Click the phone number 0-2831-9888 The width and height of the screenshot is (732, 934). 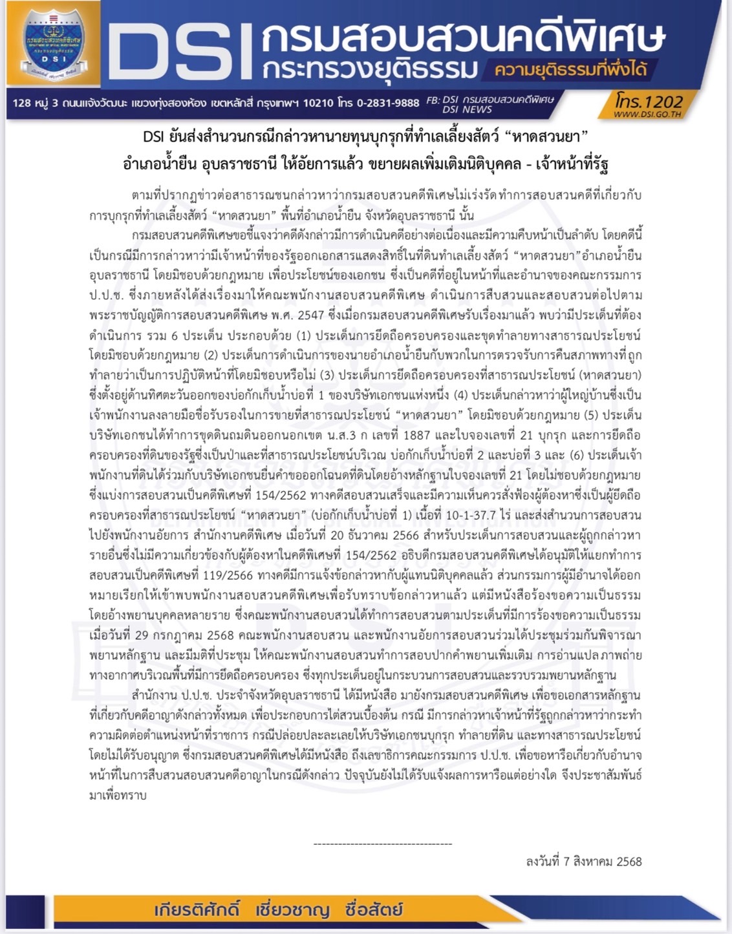coord(388,103)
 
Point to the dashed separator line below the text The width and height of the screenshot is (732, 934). coord(383,844)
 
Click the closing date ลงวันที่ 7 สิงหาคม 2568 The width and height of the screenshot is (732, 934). coord(584,862)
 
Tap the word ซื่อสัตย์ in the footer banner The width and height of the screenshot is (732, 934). coord(374,910)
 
